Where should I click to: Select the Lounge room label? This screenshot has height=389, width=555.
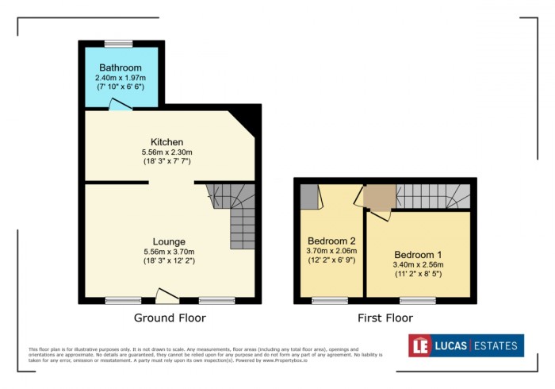pos(170,241)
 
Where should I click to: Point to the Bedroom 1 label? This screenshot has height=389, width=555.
pos(419,254)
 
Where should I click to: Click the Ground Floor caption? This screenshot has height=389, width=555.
pos(170,318)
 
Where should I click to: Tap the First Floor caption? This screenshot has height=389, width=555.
pos(385,318)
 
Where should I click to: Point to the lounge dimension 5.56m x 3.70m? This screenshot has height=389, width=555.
pos(170,252)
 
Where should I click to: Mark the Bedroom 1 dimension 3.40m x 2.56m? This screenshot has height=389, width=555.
pos(419,265)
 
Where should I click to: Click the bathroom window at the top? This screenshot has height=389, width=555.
pos(118,43)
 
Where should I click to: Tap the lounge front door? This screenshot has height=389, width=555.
pos(166,296)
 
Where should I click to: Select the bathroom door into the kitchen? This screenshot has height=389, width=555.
pos(121,106)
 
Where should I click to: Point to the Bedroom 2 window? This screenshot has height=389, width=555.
pos(330,300)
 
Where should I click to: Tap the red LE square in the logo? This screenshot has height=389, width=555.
pos(421,345)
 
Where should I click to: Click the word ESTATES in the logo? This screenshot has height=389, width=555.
pos(496,345)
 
